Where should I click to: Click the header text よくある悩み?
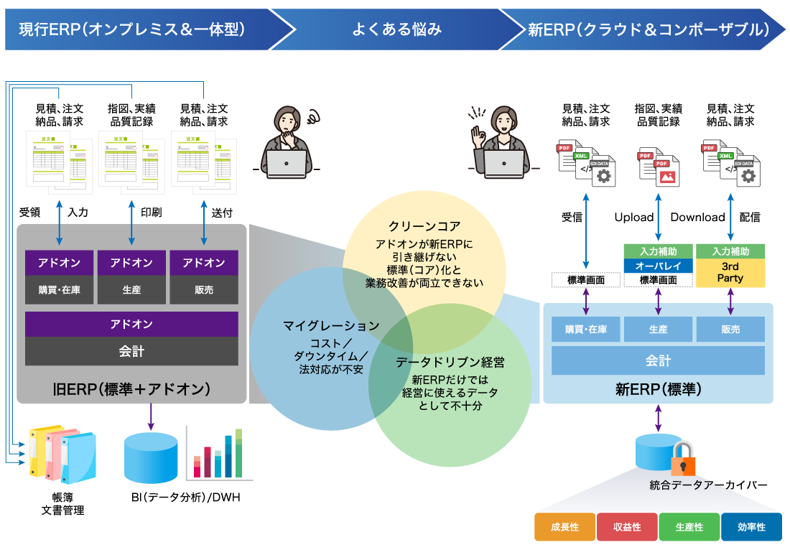[x=396, y=29]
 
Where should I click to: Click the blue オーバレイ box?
[x=658, y=266]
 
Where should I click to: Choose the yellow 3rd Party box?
[x=730, y=272]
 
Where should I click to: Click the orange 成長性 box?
[x=564, y=527]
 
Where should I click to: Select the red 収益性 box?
[x=627, y=527]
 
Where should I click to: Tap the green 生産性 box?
[x=689, y=527]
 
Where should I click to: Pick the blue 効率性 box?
[x=751, y=527]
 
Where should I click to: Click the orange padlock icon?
[x=682, y=459]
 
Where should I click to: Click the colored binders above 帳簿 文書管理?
[x=62, y=454]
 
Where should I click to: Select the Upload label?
[x=634, y=218]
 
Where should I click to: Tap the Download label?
[x=697, y=218]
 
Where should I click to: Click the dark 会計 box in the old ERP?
[x=131, y=352]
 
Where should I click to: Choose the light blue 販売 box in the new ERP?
[x=730, y=330]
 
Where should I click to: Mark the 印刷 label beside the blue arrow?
[x=151, y=213]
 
